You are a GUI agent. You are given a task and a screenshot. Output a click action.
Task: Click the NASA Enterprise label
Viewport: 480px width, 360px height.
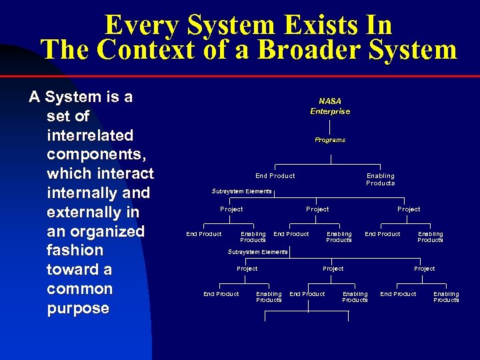[x=329, y=106]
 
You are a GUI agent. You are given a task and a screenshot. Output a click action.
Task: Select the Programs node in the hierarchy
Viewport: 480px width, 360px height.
[x=330, y=140]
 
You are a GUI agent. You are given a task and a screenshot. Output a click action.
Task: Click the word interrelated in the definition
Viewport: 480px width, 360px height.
[x=90, y=135]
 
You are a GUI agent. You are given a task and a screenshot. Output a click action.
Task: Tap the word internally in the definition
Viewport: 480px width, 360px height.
[x=81, y=193]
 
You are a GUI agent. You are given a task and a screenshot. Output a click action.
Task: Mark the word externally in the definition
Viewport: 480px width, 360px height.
[x=83, y=212]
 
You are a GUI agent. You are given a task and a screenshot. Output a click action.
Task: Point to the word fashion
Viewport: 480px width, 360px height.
[x=75, y=251]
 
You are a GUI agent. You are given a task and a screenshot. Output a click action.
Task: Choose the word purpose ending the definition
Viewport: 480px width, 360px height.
[x=78, y=309]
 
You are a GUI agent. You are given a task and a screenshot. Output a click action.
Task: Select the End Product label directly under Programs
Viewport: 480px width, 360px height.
[x=275, y=176]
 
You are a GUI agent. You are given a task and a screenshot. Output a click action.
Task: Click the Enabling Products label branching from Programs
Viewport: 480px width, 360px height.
[x=380, y=179]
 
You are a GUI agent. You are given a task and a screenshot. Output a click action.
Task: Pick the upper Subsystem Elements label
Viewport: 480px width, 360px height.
[x=241, y=191]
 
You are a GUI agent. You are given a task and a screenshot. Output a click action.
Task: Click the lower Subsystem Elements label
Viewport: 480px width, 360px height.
[x=257, y=252]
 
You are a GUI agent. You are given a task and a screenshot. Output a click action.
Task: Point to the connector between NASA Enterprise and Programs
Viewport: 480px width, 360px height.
[x=330, y=125]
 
